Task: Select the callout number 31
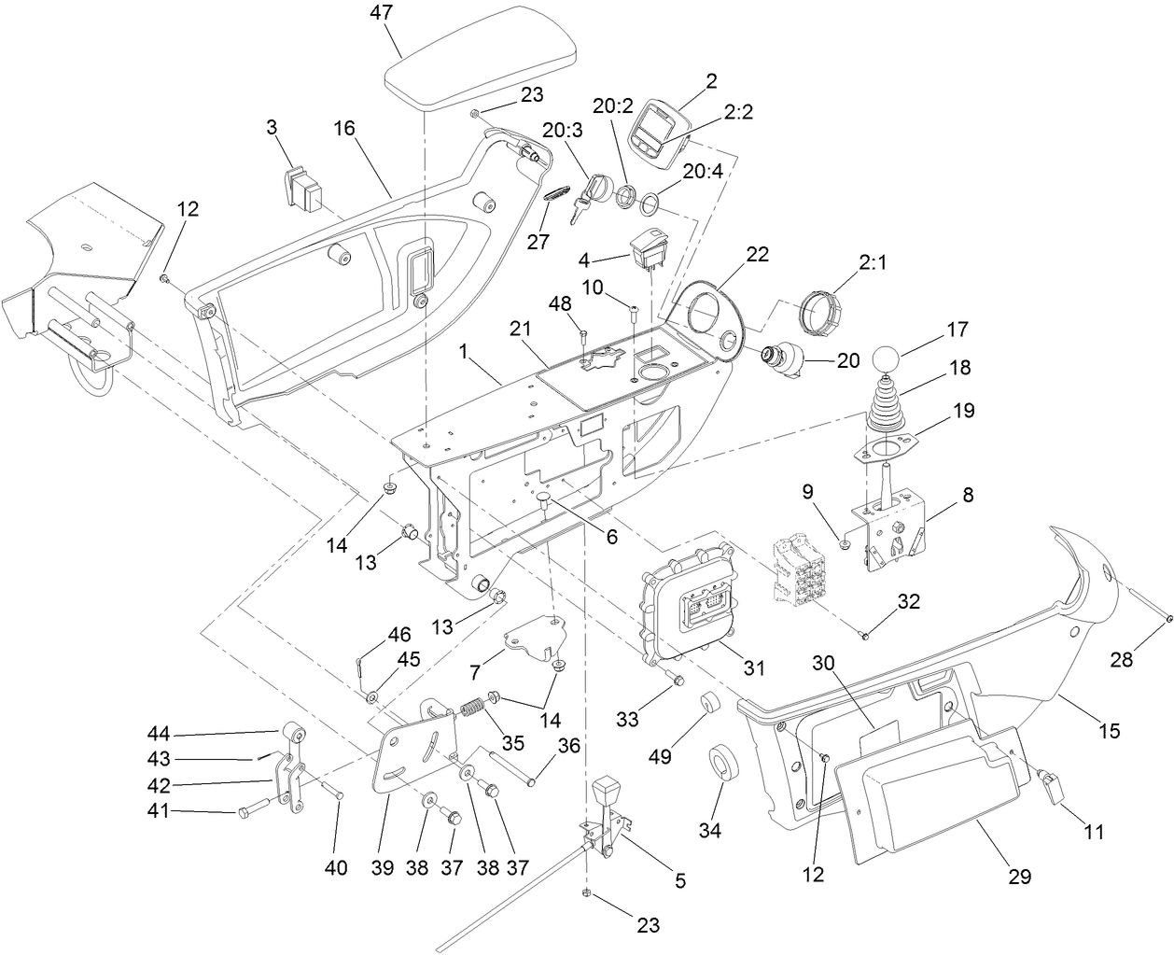click(753, 668)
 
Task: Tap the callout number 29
click(1019, 876)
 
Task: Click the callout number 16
click(344, 127)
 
